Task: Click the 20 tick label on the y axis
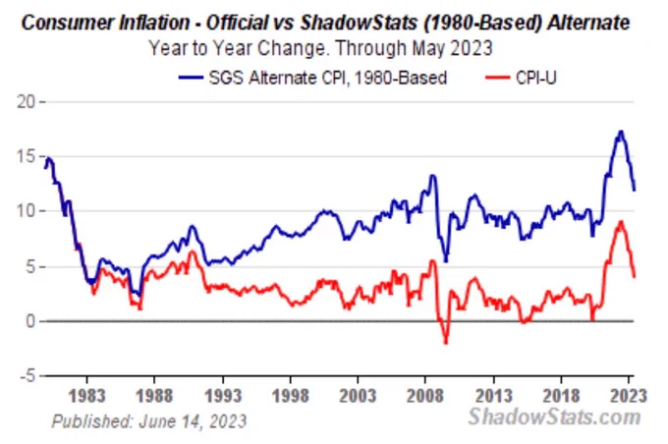click(26, 102)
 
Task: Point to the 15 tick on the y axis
click(26, 157)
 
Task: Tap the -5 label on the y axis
click(27, 376)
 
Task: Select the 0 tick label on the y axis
click(30, 321)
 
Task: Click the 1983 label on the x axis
click(86, 396)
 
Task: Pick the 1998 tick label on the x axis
click(290, 396)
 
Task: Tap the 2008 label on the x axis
click(425, 396)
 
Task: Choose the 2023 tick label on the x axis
click(629, 396)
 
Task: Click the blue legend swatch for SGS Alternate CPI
click(191, 78)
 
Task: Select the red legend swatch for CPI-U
click(498, 78)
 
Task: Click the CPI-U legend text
click(536, 78)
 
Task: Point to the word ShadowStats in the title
click(359, 23)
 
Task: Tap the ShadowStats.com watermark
click(554, 416)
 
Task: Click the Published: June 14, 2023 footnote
click(149, 421)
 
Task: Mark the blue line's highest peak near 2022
click(621, 132)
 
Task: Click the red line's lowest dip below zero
click(446, 342)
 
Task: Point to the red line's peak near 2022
click(621, 222)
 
